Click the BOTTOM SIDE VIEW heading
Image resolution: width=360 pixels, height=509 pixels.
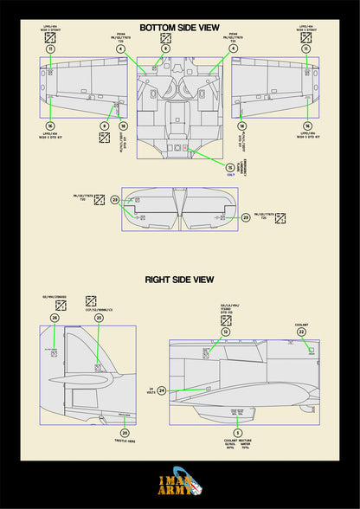tap(180, 28)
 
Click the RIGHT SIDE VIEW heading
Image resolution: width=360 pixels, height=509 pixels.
tap(180, 280)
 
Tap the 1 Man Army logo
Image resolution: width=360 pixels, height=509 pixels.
tap(180, 487)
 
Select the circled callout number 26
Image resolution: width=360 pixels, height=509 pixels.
tap(55, 319)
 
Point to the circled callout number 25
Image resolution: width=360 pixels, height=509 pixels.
tap(100, 319)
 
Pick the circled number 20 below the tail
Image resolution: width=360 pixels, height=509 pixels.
tap(125, 433)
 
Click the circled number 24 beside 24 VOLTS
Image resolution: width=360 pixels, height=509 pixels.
tap(162, 391)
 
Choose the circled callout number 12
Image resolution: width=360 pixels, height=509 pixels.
tap(225, 332)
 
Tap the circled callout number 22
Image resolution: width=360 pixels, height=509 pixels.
tap(301, 332)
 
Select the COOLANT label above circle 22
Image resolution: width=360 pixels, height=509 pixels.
tap(301, 321)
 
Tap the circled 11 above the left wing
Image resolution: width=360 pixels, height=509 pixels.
tap(50, 49)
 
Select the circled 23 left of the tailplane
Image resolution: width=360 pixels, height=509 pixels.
tap(114, 200)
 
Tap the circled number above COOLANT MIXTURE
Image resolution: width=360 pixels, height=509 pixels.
tap(237, 432)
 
